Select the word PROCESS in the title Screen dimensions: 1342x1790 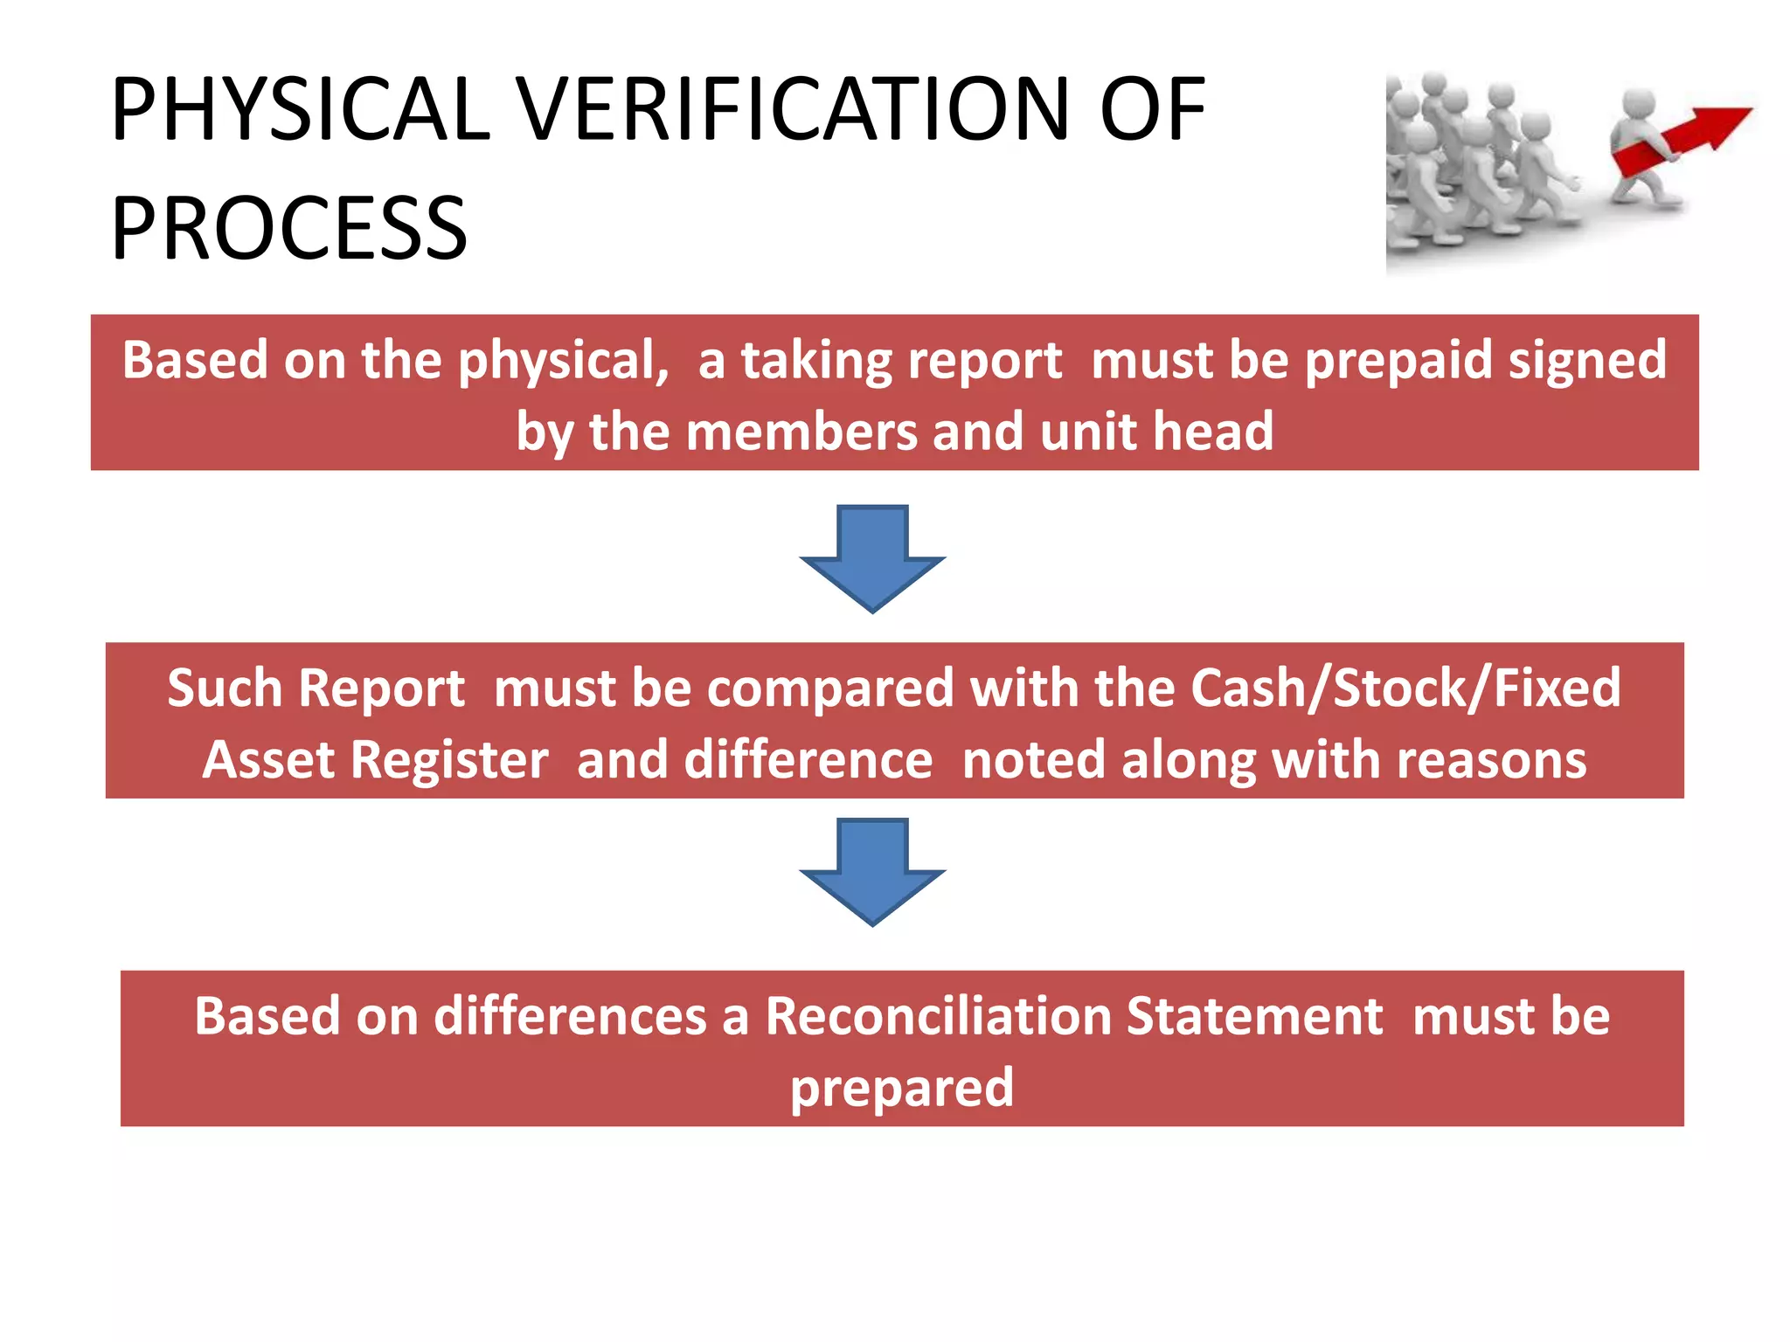coord(289,229)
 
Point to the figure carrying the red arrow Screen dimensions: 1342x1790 coord(1643,149)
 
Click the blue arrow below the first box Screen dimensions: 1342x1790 coord(872,557)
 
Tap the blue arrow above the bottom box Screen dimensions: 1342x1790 coord(872,871)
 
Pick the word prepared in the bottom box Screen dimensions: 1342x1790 coord(902,1089)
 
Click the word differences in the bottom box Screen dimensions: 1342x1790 coord(570,1016)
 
